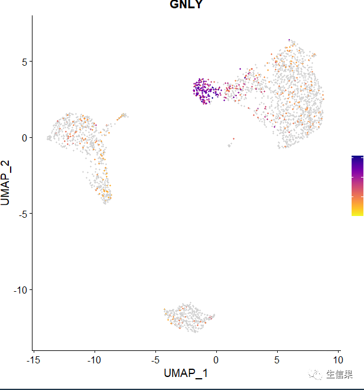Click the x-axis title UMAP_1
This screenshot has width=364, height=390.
(186, 373)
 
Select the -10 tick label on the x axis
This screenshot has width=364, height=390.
(94, 359)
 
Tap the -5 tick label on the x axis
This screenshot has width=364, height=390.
(155, 359)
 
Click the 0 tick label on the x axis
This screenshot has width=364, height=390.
(216, 359)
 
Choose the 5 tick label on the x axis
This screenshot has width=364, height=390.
(277, 359)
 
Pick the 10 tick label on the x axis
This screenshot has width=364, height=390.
(337, 359)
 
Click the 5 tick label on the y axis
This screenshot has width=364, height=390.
(25, 62)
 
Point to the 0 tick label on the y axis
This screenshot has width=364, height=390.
(25, 137)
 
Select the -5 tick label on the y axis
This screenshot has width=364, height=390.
(22, 214)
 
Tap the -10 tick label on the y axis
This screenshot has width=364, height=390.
(21, 289)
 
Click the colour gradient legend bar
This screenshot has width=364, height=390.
(357, 185)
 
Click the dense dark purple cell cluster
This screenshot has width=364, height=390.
(204, 91)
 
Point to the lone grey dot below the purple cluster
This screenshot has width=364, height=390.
(229, 145)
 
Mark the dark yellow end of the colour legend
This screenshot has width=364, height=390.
(357, 212)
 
